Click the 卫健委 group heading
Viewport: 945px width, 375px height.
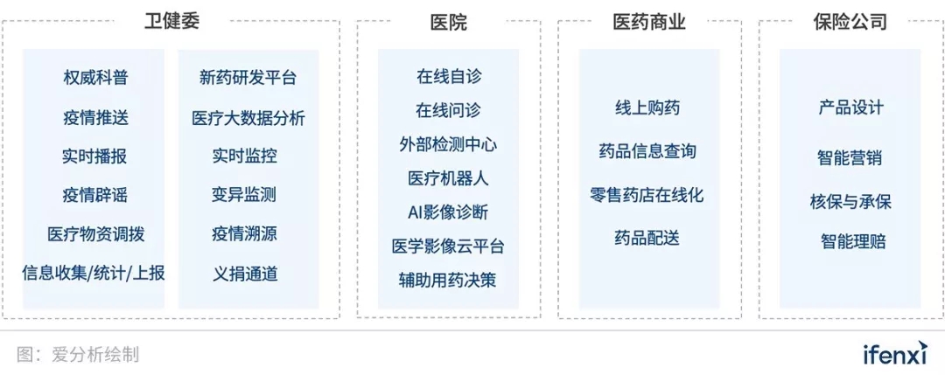[172, 21]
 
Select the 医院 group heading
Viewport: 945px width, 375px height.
[448, 22]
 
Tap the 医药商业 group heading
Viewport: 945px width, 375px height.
[649, 22]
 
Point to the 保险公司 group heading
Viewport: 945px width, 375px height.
[850, 22]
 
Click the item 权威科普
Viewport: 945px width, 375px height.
[95, 78]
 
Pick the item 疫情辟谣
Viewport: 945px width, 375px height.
[95, 195]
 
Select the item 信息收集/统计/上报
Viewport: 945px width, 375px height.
[94, 274]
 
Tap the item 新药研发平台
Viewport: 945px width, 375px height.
[248, 78]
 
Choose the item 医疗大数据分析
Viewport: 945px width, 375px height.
[248, 117]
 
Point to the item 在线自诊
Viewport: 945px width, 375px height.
[449, 76]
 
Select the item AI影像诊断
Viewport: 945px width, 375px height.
[448, 212]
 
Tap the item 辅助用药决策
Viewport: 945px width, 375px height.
[448, 280]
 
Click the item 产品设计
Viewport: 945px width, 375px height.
[851, 108]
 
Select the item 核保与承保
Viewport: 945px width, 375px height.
[850, 202]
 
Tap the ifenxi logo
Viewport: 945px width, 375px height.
[894, 355]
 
